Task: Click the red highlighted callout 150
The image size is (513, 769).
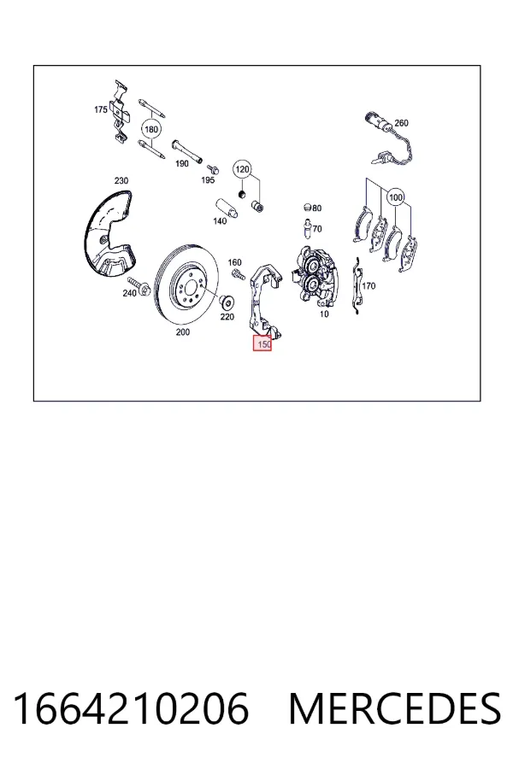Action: [x=262, y=343]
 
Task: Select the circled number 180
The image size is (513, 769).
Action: [x=151, y=130]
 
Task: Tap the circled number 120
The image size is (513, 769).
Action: [x=241, y=170]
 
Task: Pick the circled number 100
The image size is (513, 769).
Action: [x=396, y=197]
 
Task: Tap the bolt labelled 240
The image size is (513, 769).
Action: [x=140, y=287]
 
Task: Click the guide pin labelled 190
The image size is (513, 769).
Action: [x=187, y=153]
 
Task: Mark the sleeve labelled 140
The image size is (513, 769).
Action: [x=227, y=208]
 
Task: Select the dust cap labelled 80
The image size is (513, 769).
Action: [x=307, y=207]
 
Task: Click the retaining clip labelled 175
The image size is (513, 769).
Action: [x=120, y=112]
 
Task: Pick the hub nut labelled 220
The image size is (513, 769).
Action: [x=227, y=302]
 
